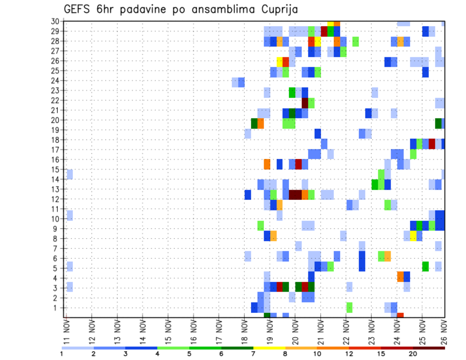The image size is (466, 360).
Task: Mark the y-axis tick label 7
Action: click(57, 248)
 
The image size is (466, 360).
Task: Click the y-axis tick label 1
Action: click(57, 308)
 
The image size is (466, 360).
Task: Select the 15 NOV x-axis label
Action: click(168, 329)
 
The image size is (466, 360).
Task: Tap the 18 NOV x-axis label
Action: click(244, 329)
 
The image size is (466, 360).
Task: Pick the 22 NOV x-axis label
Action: click(346, 329)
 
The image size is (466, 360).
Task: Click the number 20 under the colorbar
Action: click(413, 354)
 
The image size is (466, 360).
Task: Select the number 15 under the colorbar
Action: click(382, 354)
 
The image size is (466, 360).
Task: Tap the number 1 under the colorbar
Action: click(62, 354)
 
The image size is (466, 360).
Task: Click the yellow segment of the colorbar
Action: click(269, 348)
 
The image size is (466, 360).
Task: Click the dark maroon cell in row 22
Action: click(305, 103)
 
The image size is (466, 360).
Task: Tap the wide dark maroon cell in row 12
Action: click(295, 195)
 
